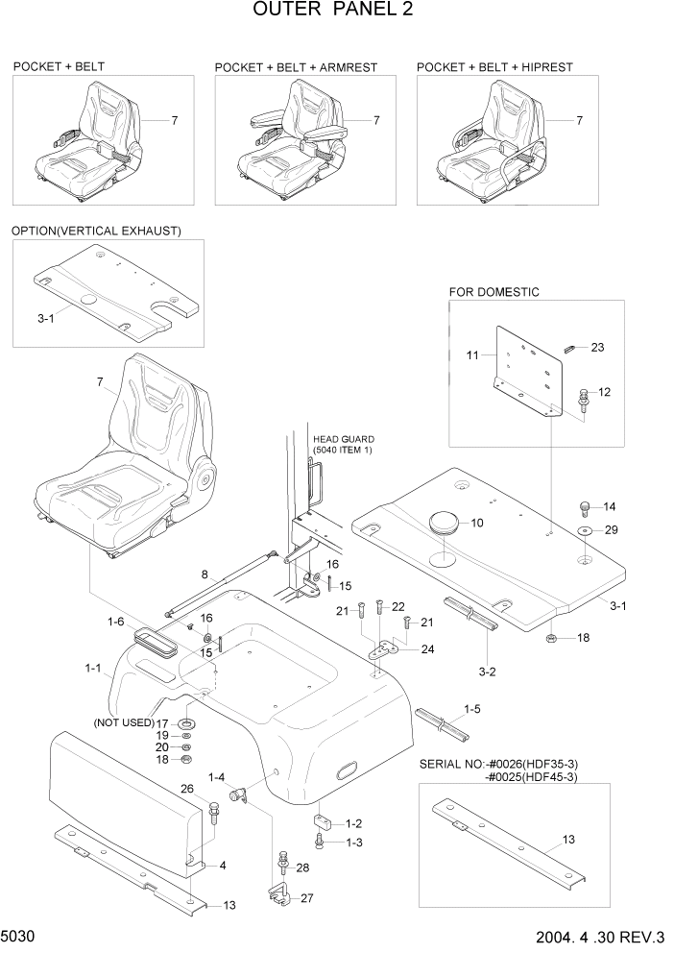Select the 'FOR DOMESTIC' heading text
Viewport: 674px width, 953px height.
493,291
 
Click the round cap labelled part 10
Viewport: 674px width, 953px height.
443,524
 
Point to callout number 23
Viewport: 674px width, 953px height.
597,347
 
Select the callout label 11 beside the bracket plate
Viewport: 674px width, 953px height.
472,355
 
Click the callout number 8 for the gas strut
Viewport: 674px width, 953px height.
203,575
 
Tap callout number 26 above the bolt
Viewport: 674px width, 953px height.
187,790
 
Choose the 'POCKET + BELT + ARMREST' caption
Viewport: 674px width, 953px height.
296,67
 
